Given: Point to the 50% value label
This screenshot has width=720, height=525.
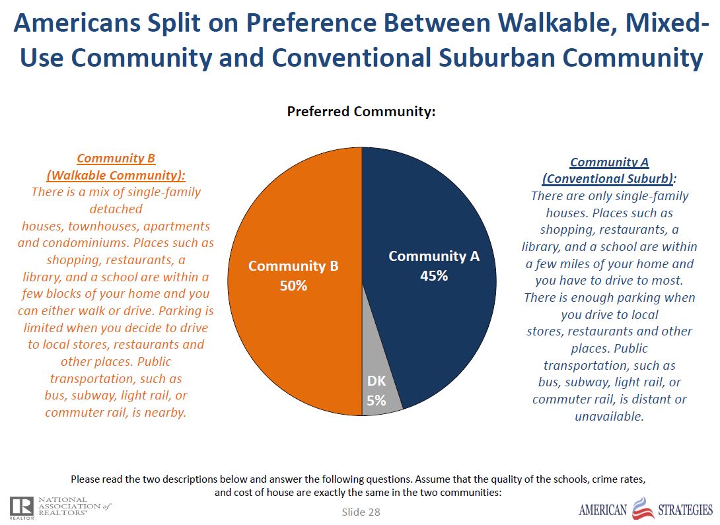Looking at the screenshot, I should click(293, 287).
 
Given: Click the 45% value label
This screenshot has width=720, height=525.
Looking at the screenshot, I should click(434, 276).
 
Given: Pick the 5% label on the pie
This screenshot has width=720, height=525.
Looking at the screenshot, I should click(376, 400).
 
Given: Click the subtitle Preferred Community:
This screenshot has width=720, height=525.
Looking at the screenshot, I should click(361, 112).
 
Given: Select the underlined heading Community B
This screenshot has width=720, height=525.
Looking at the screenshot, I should click(116, 158).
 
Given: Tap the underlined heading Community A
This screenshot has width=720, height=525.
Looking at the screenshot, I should click(609, 162).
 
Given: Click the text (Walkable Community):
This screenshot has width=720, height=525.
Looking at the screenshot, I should click(116, 176).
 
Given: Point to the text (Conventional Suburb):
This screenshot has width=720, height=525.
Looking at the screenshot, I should click(609, 179).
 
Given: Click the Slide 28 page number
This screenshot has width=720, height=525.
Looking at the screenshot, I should click(361, 512).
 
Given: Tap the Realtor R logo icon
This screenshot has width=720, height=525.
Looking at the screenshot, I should click(20, 506).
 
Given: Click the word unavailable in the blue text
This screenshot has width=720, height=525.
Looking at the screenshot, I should click(609, 416).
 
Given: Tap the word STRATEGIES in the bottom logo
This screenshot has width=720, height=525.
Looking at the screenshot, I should click(685, 510).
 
